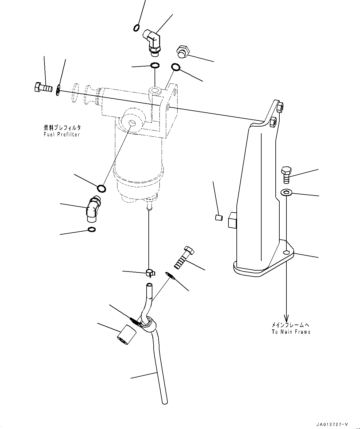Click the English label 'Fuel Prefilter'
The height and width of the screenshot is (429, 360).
[62, 135]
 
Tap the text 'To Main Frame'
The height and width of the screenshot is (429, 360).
[291, 332]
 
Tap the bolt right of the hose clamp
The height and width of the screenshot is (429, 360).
[185, 257]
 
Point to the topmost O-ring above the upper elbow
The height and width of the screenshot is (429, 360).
[137, 28]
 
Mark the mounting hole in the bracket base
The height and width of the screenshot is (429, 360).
[286, 252]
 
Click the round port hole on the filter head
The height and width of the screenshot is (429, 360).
[132, 123]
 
